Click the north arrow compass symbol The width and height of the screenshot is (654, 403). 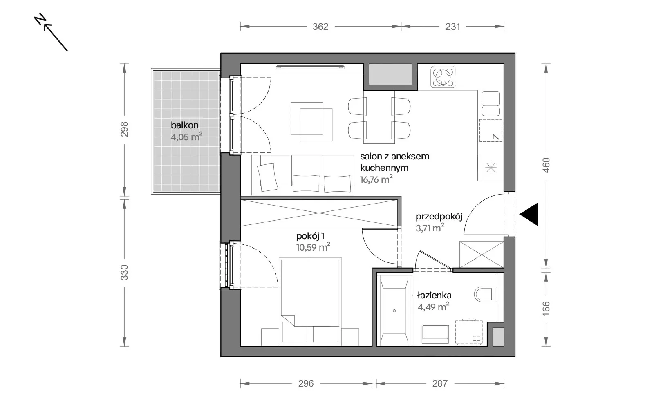tap(51, 32)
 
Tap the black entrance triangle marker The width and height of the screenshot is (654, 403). tap(529, 214)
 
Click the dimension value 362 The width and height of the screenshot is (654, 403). tap(320, 27)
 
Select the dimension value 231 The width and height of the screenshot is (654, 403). tap(453, 27)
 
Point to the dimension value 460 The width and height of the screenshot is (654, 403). tap(546, 165)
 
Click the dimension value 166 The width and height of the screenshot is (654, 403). tap(546, 309)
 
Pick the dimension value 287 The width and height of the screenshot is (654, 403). tap(440, 383)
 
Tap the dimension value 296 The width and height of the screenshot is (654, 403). tap(306, 383)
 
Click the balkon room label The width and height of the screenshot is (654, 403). tap(184, 125)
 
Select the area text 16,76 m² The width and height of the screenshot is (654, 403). tap(376, 179)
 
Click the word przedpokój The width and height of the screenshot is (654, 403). tap(439, 217)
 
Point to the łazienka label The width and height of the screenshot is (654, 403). tap(435, 295)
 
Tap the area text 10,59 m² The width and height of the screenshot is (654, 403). tap(313, 247)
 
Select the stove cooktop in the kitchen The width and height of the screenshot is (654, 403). tap(443, 77)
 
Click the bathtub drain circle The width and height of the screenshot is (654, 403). tap(394, 311)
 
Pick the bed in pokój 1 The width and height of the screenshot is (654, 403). tap(310, 301)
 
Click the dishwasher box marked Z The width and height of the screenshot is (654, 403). tap(490, 130)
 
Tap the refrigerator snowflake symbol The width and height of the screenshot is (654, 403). tap(490, 168)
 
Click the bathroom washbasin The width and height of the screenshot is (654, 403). tap(435, 334)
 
